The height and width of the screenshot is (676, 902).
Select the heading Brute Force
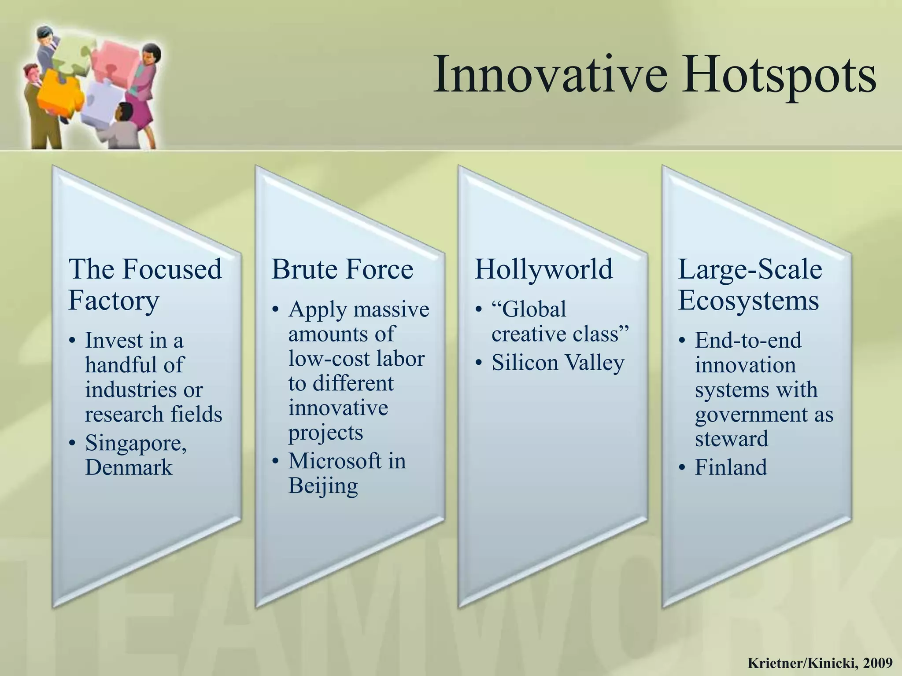click(342, 269)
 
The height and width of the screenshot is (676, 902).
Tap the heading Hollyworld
click(543, 269)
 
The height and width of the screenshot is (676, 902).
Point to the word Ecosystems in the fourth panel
click(748, 301)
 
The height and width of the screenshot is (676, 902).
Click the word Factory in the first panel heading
click(114, 301)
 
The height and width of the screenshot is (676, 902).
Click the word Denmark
click(129, 467)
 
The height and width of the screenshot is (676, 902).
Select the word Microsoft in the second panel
click(335, 461)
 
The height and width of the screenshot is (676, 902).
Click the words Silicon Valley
click(558, 363)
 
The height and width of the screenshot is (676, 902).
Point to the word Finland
click(731, 467)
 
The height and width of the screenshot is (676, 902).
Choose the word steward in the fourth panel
click(732, 439)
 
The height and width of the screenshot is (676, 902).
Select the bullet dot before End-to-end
click(682, 341)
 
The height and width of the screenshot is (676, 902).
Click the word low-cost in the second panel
click(322, 358)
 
